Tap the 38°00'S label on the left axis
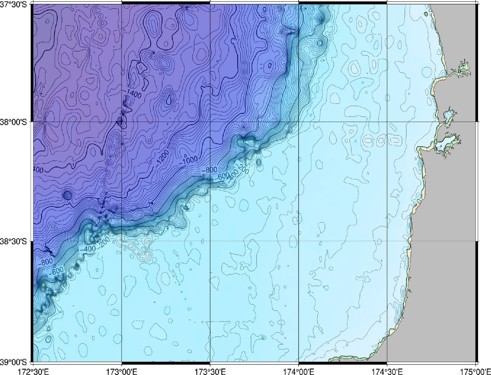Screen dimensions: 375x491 (x=15, y=122)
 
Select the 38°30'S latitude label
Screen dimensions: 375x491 (x=15, y=241)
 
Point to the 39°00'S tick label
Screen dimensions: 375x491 (x=15, y=362)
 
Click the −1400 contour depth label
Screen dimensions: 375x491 (x=132, y=94)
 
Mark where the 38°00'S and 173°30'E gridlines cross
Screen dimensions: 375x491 (x=210, y=122)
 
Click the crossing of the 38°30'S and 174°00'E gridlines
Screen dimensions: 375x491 (x=299, y=241)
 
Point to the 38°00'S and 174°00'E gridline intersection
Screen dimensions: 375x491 (x=299, y=122)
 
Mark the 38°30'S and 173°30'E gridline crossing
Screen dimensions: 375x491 (x=210, y=241)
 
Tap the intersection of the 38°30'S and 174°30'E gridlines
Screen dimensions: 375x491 (x=387, y=241)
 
